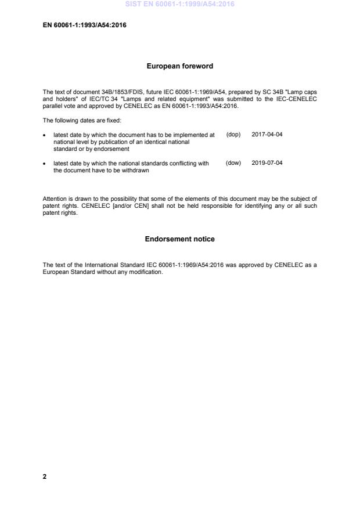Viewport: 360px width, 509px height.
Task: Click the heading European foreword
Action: (x=179, y=66)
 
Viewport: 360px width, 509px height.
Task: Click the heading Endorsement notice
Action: (x=179, y=239)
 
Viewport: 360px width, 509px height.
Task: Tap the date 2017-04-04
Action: (x=267, y=135)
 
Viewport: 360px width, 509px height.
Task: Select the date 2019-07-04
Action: (x=267, y=164)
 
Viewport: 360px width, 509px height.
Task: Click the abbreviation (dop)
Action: (x=233, y=135)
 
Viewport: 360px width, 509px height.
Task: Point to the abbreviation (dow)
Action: (x=233, y=164)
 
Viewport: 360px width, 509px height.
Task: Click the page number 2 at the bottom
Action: (x=45, y=476)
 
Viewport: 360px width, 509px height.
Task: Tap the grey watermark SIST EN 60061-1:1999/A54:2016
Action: (x=179, y=5)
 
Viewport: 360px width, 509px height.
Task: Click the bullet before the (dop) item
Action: (x=45, y=135)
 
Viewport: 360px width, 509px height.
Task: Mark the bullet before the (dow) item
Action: (x=45, y=164)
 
